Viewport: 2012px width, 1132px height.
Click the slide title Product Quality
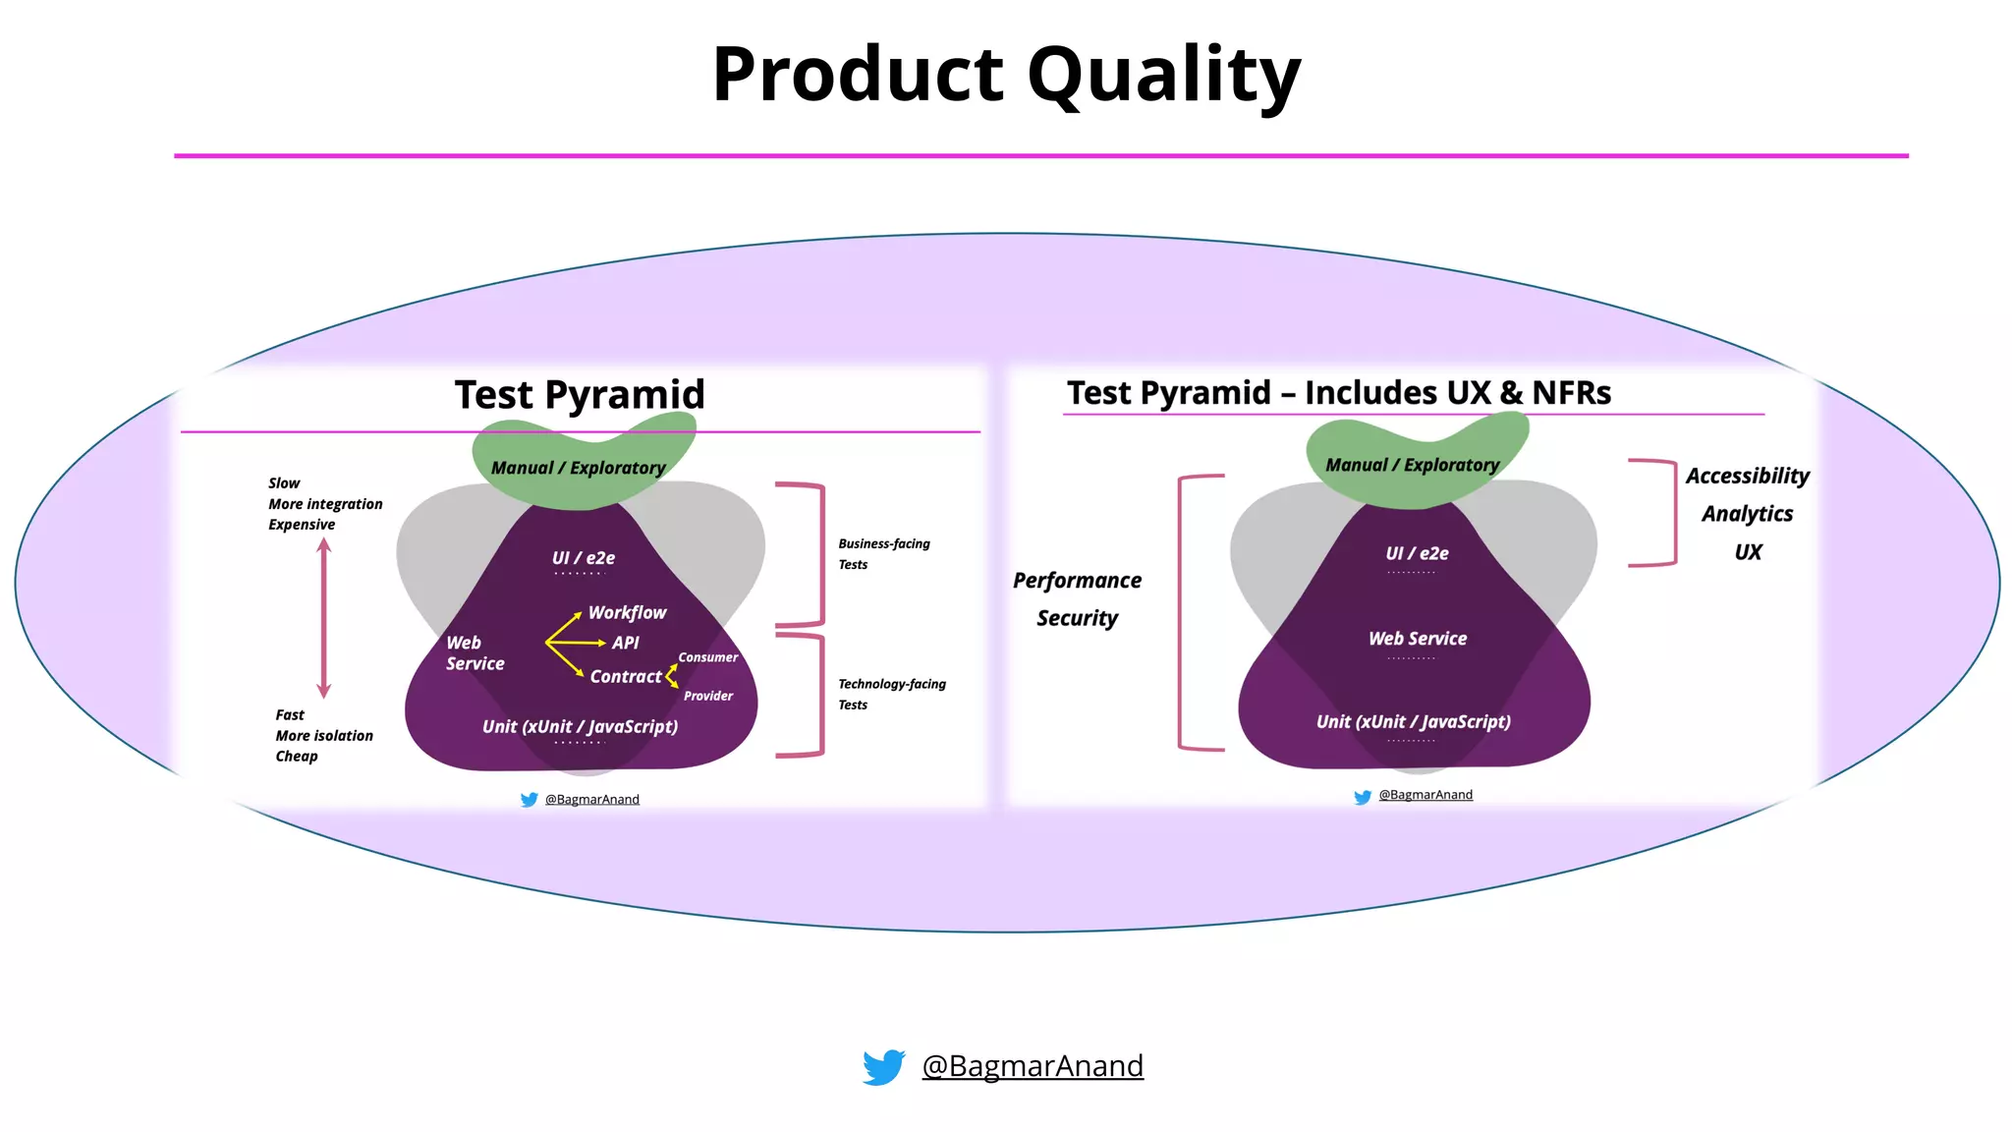click(x=1006, y=77)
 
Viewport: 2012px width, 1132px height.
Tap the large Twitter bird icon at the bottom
click(x=883, y=1067)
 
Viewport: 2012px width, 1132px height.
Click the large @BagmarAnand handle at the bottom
click(x=1033, y=1066)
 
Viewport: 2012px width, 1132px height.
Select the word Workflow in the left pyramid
click(x=627, y=613)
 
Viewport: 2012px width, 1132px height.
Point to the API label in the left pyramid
click(x=625, y=643)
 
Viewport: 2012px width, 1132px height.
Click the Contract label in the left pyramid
click(x=625, y=677)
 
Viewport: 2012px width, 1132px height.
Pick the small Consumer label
click(x=707, y=657)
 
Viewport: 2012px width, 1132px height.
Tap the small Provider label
click(x=707, y=696)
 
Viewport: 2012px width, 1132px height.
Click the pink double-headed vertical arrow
click(x=324, y=618)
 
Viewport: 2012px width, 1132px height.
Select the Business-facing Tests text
click(x=882, y=553)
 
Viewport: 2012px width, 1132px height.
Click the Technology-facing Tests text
click(x=890, y=694)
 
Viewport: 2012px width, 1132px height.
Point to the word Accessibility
click(x=1747, y=477)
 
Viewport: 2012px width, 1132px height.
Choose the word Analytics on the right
click(x=1747, y=514)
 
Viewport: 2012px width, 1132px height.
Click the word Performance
click(x=1077, y=581)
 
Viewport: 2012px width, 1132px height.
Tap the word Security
click(x=1077, y=618)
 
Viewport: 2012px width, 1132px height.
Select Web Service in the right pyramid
click(x=1417, y=639)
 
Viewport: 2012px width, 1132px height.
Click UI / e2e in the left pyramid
click(x=583, y=558)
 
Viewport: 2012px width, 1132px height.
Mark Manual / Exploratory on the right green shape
click(x=1412, y=465)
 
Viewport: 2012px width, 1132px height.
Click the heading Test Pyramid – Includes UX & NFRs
click(x=1338, y=393)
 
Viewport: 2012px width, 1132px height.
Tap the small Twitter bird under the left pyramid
click(x=529, y=800)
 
